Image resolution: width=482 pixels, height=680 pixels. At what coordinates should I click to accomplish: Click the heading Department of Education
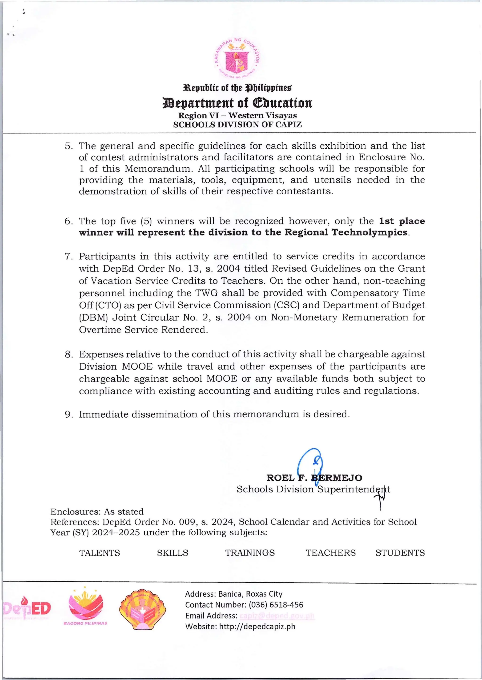pyautogui.click(x=237, y=103)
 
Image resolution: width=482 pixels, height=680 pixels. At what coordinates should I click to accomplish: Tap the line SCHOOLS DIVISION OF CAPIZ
pyautogui.click(x=237, y=124)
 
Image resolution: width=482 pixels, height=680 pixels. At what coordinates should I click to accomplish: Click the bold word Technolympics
pyautogui.click(x=369, y=232)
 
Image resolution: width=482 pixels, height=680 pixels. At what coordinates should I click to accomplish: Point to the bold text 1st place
pyautogui.click(x=402, y=221)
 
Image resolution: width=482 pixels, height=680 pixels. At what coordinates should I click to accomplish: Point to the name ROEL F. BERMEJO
pyautogui.click(x=314, y=478)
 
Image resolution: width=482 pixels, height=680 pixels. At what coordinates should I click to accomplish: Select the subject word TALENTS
pyautogui.click(x=99, y=553)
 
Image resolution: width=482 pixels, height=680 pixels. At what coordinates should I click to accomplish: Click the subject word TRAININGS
pyautogui.click(x=250, y=553)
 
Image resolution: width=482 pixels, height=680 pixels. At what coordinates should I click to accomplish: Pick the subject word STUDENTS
pyautogui.click(x=400, y=553)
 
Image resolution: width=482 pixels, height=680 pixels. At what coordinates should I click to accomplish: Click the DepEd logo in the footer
pyautogui.click(x=27, y=609)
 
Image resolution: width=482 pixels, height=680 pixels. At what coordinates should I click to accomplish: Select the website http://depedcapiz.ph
pyautogui.click(x=257, y=627)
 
